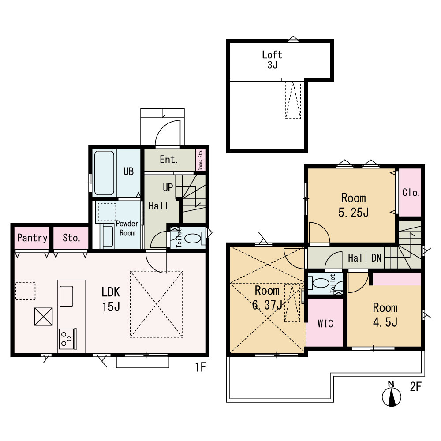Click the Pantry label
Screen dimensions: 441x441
[32, 238]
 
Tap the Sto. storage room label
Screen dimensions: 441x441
[71, 238]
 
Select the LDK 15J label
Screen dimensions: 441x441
[111, 299]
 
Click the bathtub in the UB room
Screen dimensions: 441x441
[104, 173]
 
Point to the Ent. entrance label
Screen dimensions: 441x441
[169, 160]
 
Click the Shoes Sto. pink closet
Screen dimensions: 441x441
[201, 160]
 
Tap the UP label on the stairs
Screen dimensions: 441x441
[168, 187]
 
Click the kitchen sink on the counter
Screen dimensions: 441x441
[67, 296]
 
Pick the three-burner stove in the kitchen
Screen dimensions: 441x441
[67, 339]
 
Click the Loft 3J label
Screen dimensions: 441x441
[272, 60]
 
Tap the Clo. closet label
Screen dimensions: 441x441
[411, 193]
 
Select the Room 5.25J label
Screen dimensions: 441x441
[354, 206]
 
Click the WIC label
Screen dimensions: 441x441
[325, 324]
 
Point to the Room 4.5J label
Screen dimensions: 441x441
[385, 315]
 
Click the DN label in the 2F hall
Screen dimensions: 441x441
[377, 258]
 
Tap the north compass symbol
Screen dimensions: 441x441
[391, 394]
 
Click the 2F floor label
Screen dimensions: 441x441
[415, 387]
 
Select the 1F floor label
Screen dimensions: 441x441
[201, 367]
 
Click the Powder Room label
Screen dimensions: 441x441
[127, 228]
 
